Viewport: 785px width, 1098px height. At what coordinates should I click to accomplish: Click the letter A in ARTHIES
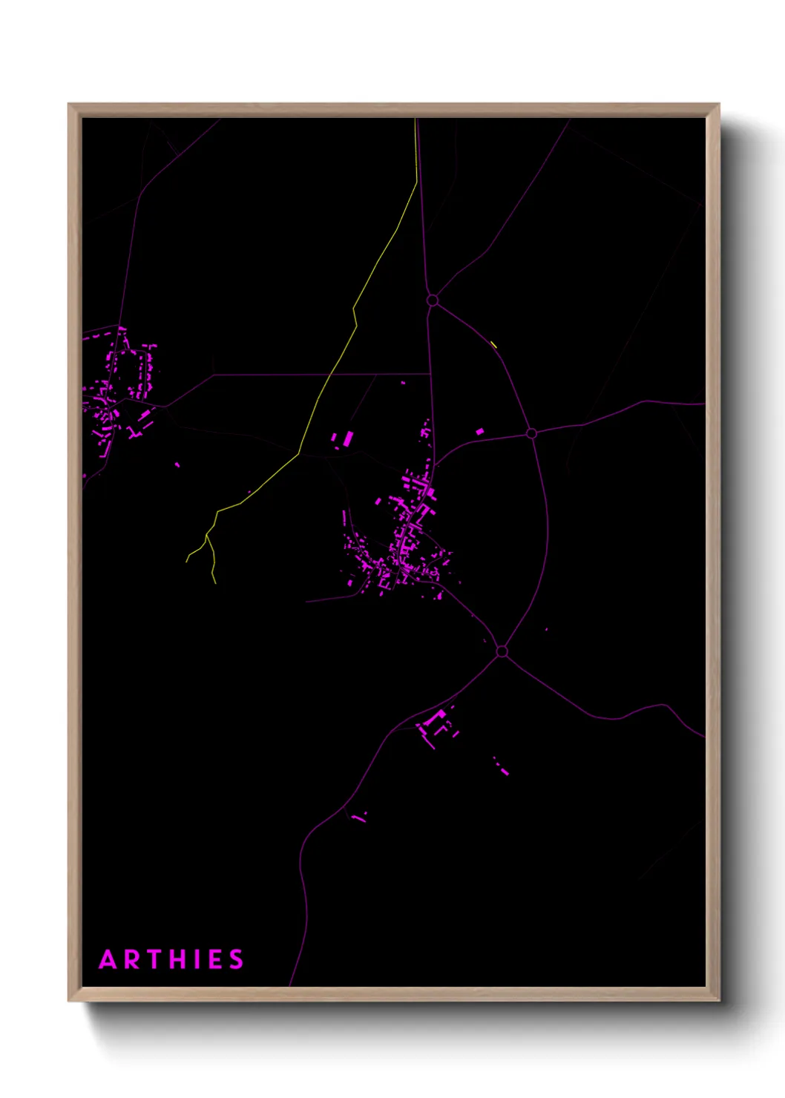coord(108,960)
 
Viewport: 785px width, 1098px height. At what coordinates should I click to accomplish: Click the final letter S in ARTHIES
coord(236,960)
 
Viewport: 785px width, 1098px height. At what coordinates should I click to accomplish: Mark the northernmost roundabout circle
coord(433,300)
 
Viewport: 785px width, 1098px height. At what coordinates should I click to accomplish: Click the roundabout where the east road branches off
coord(531,433)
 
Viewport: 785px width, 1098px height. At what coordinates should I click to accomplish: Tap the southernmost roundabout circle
coord(502,651)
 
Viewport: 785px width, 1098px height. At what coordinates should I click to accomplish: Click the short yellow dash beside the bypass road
coord(493,343)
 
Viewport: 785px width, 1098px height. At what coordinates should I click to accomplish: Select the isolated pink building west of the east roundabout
coord(479,431)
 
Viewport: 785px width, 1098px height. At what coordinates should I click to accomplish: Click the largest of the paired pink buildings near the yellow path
coord(347,438)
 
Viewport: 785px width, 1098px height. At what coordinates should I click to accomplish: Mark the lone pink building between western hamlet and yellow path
coord(177,465)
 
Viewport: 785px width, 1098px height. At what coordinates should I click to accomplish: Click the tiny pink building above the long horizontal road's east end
coord(404,383)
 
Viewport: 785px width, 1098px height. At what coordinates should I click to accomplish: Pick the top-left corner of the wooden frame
coord(69,105)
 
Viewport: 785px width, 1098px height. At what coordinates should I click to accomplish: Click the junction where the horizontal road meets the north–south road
coord(430,375)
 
